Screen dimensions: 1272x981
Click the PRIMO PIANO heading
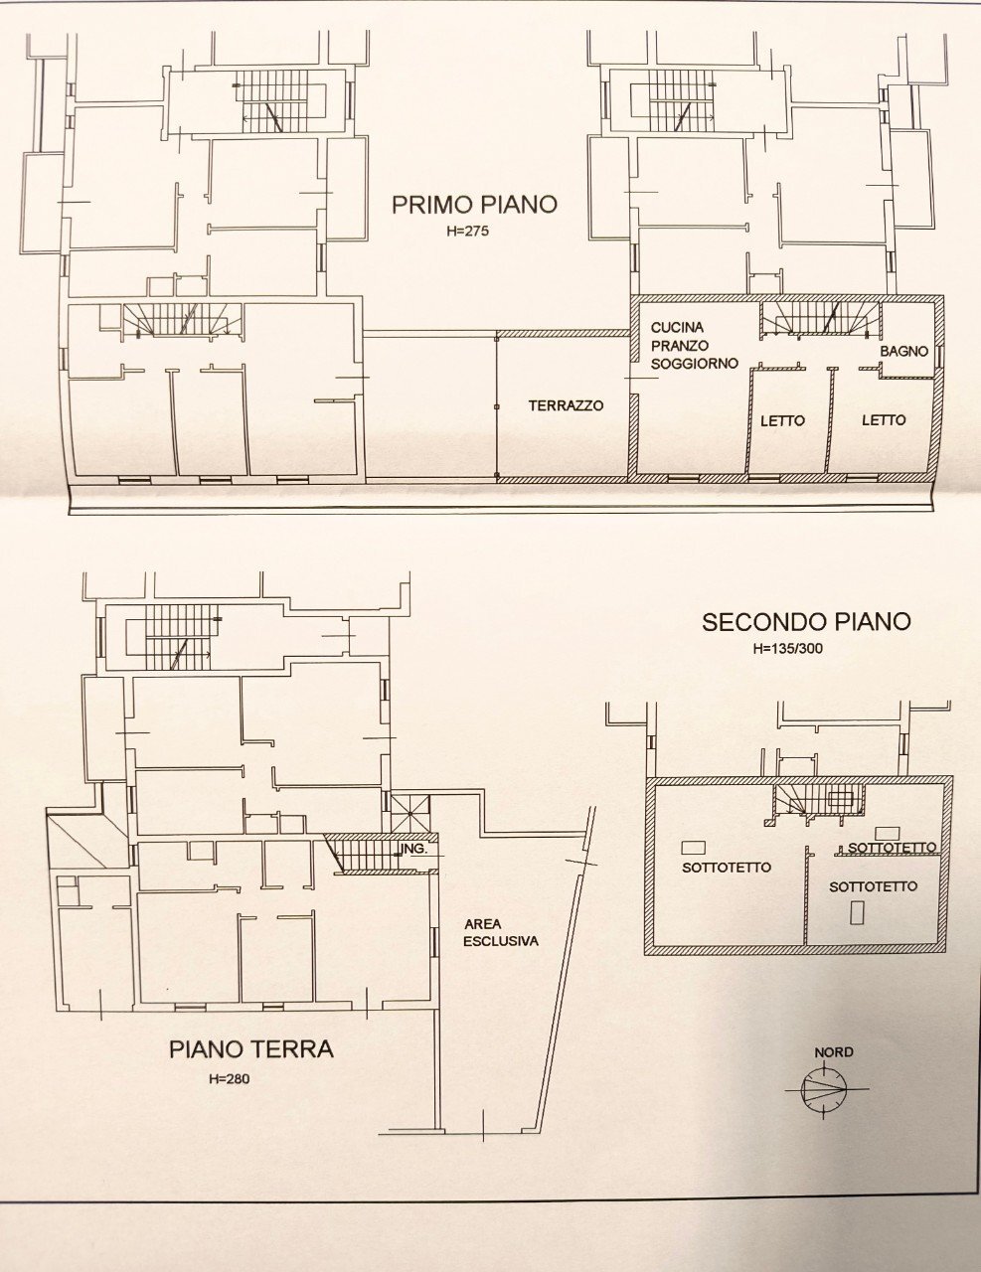point(474,205)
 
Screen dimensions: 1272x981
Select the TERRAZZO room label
point(566,405)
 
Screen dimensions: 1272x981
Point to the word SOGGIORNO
point(695,364)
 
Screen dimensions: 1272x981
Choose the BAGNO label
point(903,352)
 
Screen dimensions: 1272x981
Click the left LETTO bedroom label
point(782,420)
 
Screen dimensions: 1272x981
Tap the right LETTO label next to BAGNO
point(883,420)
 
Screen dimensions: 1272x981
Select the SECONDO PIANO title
point(806,622)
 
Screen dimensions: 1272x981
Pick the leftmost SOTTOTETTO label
point(727,867)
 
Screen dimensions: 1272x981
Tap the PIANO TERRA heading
point(250,1049)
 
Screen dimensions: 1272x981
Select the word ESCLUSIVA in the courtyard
point(501,940)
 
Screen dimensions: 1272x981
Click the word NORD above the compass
point(833,1052)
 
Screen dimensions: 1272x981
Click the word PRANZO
point(681,346)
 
